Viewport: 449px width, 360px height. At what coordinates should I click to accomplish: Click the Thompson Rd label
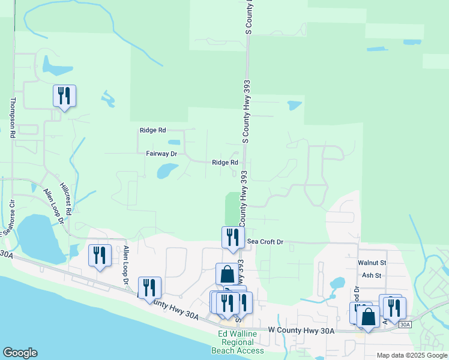point(11,118)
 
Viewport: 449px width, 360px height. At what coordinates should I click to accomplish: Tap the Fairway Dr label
point(161,154)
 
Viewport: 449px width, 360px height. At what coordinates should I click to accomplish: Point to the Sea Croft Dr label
point(265,242)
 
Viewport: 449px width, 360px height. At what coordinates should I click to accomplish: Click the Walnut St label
point(372,263)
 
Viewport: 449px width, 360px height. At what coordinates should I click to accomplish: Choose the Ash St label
point(372,275)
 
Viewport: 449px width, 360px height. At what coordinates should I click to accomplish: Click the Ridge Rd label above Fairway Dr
point(152,130)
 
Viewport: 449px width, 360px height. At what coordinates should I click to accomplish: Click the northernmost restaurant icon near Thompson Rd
point(64,95)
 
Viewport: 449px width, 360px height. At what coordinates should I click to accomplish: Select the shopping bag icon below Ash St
point(368,316)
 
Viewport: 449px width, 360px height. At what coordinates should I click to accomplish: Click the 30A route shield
point(405,325)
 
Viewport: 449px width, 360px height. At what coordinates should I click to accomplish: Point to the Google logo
point(20,353)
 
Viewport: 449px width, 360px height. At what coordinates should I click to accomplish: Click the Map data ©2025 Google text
point(411,355)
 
